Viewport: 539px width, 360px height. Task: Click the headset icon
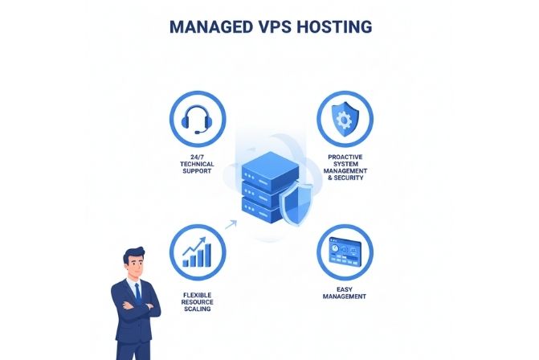click(198, 120)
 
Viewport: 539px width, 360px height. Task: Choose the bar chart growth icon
click(198, 252)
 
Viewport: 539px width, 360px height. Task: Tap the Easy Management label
click(345, 293)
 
